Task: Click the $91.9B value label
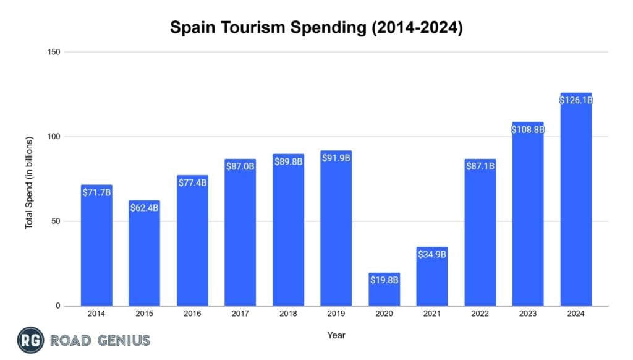(336, 158)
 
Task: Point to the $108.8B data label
(527, 130)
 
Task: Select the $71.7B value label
(96, 192)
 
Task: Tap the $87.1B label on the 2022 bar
(480, 166)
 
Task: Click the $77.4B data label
(192, 182)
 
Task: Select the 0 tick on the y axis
(57, 306)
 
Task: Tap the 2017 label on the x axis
(240, 314)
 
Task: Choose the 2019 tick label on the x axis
(336, 314)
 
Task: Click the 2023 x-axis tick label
(527, 314)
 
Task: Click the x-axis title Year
(336, 335)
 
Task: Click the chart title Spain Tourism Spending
(316, 28)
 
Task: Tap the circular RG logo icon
(30, 340)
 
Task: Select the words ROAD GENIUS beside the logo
(100, 340)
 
